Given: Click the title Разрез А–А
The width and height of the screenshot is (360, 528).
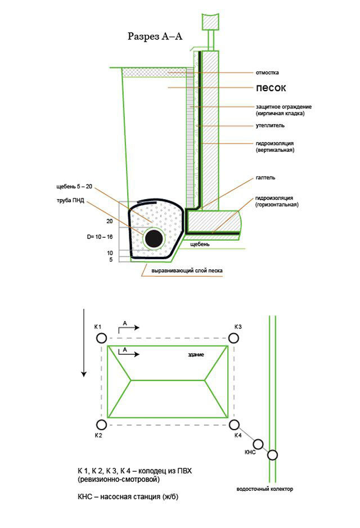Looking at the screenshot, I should tap(156, 36).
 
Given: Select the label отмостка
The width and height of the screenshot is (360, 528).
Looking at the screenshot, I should tap(267, 73).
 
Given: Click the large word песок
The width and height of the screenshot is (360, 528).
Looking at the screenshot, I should tap(271, 88).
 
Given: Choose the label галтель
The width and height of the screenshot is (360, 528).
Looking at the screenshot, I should tap(265, 178).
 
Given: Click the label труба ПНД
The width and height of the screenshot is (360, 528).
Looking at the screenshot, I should tap(70, 200).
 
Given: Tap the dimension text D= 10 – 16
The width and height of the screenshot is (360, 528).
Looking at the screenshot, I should tap(101, 237).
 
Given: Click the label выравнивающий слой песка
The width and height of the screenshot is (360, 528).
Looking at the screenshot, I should tap(183, 271).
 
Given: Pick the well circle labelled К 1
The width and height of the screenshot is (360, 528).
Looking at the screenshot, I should tap(101, 339).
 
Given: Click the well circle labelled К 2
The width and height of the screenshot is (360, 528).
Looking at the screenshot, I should tap(101, 425).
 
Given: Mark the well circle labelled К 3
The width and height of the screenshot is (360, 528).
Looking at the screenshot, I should tap(234, 339).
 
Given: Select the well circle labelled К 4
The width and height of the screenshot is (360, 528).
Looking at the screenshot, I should tap(234, 425).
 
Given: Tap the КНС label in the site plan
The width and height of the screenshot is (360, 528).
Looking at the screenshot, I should tap(251, 452).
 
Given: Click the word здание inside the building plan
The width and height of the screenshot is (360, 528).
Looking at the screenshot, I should tap(196, 355).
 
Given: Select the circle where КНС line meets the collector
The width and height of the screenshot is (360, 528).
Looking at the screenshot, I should tap(272, 455).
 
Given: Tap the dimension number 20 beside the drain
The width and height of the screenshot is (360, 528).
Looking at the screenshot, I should tap(110, 222).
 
